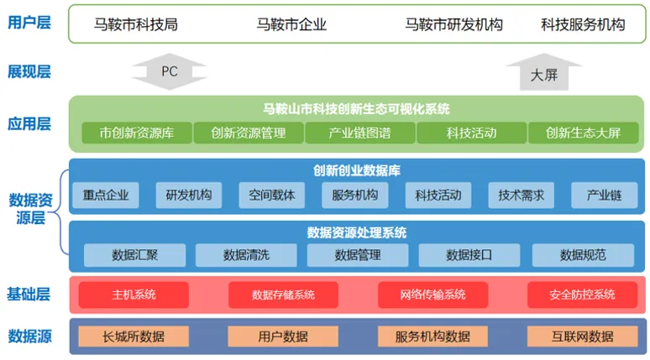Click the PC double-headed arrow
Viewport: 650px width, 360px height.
pyautogui.click(x=170, y=71)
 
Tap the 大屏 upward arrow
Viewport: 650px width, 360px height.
pyautogui.click(x=543, y=73)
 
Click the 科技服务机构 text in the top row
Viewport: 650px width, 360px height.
pyautogui.click(x=583, y=24)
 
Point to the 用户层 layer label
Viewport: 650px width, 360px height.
pyautogui.click(x=29, y=23)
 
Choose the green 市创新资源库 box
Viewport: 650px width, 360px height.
pyautogui.click(x=136, y=133)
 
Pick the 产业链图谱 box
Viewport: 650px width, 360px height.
pyautogui.click(x=359, y=133)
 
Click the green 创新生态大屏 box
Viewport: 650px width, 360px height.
pyautogui.click(x=583, y=133)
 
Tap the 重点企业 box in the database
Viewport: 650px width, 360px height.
pyautogui.click(x=106, y=196)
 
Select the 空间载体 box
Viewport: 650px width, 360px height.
pyautogui.click(x=272, y=196)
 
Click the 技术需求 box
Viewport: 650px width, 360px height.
pyautogui.click(x=522, y=196)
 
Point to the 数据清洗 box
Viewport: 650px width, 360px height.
pyautogui.click(x=246, y=254)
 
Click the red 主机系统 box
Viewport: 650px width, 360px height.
pyautogui.click(x=134, y=295)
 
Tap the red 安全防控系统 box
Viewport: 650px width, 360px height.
pyautogui.click(x=582, y=295)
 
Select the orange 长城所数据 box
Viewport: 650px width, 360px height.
pyautogui.click(x=134, y=337)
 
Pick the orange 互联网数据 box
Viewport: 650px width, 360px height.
pyautogui.click(x=582, y=337)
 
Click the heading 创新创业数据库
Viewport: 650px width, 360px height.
pyautogui.click(x=357, y=170)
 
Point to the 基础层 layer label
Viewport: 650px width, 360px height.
pyautogui.click(x=29, y=294)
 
